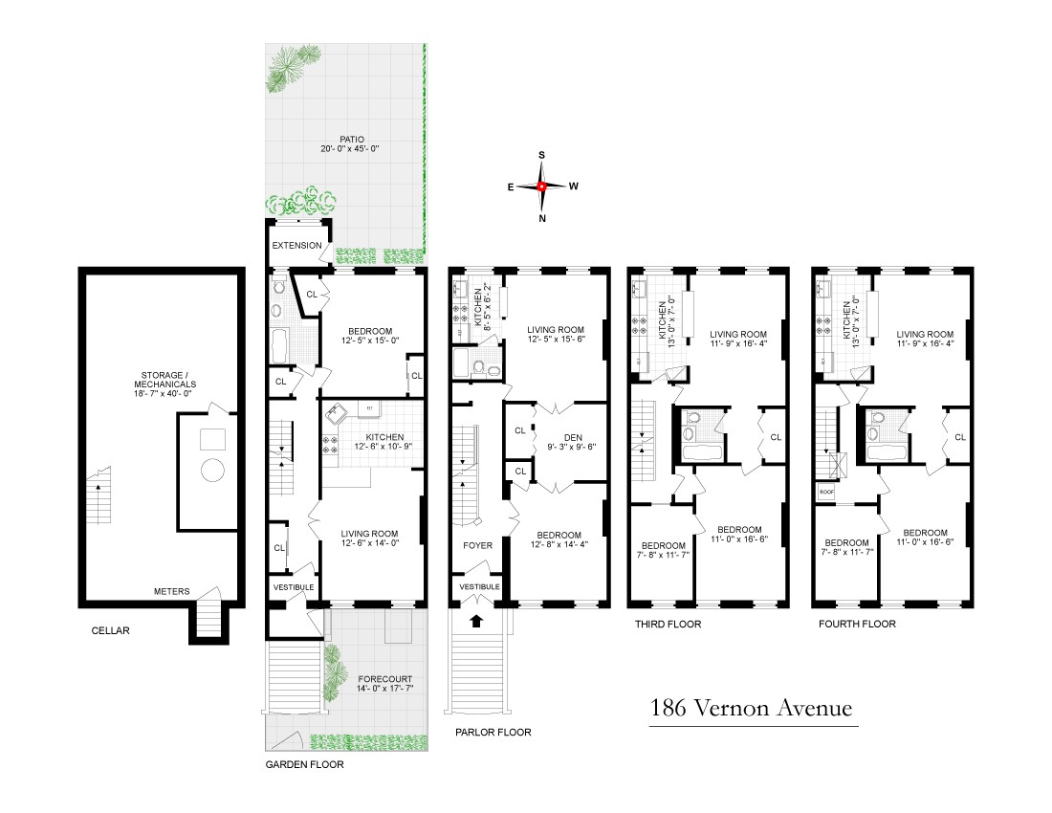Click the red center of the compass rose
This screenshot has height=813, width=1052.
(x=541, y=187)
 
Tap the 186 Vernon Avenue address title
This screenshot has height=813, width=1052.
(x=750, y=710)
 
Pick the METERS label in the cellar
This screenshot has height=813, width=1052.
(x=171, y=591)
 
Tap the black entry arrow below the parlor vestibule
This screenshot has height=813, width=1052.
(x=476, y=621)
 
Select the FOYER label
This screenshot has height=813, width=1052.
(x=477, y=545)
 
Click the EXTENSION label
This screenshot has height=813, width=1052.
(x=296, y=246)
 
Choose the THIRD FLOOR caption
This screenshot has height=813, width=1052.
(x=668, y=625)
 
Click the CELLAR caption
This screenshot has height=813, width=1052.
(x=109, y=631)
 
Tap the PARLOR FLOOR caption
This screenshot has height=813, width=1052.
(x=493, y=732)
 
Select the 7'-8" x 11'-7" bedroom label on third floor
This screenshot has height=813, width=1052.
(x=662, y=549)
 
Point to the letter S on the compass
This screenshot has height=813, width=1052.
(x=541, y=154)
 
